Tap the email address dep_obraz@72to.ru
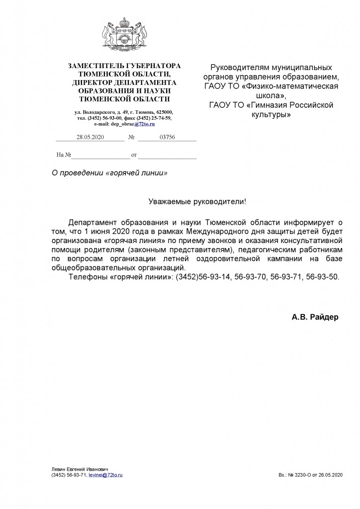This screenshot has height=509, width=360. click(130, 124)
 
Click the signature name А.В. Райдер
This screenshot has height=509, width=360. click(315, 317)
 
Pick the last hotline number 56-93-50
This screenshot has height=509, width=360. click(325, 276)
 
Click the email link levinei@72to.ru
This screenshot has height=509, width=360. click(105, 475)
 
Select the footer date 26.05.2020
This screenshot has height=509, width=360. click(332, 475)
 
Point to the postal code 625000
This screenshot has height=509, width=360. click(163, 112)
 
